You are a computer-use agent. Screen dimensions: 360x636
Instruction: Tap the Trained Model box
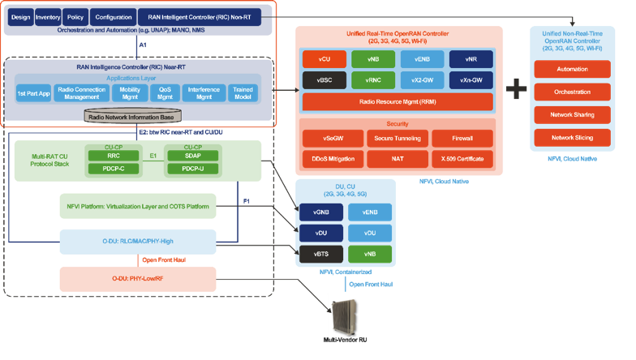tap(247, 94)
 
